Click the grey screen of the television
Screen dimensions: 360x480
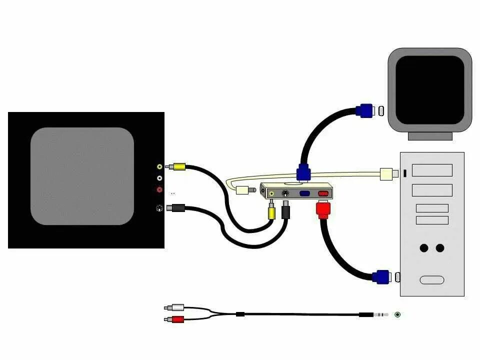(82, 176)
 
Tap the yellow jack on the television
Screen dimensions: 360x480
(159, 167)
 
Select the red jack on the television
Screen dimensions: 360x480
(159, 189)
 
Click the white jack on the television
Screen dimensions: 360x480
(159, 178)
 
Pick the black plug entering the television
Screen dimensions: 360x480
(176, 208)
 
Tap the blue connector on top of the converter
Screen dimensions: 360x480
(303, 173)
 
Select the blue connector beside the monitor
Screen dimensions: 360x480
(365, 110)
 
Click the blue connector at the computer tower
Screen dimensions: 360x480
(381, 276)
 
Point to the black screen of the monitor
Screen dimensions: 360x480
(430, 90)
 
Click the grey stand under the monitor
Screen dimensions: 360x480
(430, 136)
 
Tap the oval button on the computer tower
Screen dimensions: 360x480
(432, 280)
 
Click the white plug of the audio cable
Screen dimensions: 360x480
(176, 307)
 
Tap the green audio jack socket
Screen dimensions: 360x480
(397, 314)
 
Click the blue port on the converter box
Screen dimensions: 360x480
(304, 193)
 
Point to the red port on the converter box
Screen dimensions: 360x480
(323, 193)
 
